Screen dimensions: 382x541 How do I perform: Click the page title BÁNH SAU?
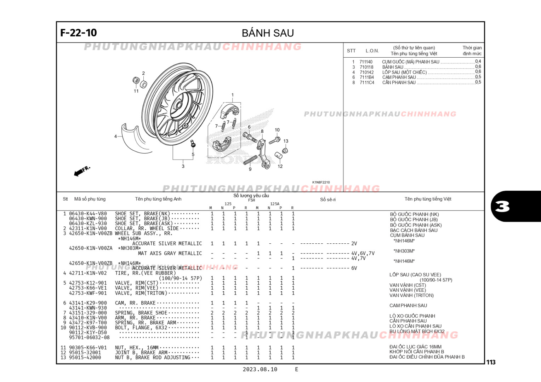coord(268,33)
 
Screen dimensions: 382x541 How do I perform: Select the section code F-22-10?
coord(79,33)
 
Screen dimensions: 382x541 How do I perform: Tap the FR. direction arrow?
coord(82,171)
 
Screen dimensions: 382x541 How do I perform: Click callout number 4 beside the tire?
coord(115,136)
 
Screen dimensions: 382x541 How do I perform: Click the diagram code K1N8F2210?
coord(321,183)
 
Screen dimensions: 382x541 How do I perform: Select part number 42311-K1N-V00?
coord(88,228)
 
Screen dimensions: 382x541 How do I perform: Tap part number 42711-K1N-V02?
coord(88,273)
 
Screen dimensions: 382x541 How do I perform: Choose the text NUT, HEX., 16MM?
coord(137,348)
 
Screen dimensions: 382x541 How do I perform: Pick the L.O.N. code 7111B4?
coord(367,77)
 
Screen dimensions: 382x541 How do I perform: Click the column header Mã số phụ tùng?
coord(90,199)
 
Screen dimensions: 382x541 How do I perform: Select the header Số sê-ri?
coord(328,199)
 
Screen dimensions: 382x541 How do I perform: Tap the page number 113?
coord(491,362)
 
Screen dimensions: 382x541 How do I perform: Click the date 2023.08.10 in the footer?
coord(260,369)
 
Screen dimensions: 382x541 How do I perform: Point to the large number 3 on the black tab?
coord(502,206)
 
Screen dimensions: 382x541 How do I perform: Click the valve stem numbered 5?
coord(193,144)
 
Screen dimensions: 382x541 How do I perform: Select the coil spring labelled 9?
coord(250,160)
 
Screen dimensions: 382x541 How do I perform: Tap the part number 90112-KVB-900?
coord(88,328)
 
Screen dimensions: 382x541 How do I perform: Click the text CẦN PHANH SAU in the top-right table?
coord(399,82)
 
